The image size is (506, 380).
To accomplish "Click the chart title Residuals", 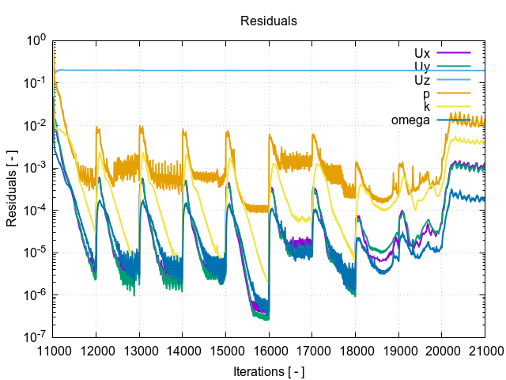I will [269, 21].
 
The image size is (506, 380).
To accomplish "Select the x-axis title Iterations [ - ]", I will [269, 371].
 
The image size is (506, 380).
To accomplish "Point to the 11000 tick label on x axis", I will [53, 350].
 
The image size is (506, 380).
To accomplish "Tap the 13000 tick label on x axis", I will [139, 350].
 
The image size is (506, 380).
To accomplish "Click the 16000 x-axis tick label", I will [269, 350].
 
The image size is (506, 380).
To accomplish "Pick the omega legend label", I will [410, 120].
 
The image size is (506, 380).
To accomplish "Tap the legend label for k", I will [426, 106].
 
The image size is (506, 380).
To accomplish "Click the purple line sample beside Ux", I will [453, 51].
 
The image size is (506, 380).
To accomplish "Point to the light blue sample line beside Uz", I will [453, 79].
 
